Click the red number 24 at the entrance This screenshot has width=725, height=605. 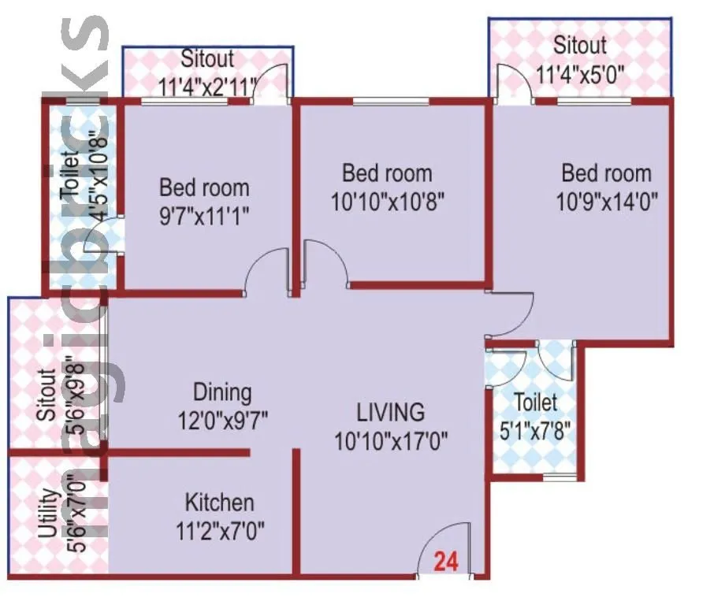point(445,562)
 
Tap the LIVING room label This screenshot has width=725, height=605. point(390,412)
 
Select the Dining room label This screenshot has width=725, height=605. point(223,392)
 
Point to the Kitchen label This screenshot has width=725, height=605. point(220,503)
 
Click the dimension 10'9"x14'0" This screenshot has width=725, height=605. point(607,199)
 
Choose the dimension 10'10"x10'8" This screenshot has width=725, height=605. point(388,200)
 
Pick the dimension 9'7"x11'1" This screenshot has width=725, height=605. point(204,215)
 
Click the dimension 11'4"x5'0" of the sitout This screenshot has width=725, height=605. point(580,75)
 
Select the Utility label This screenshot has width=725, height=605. point(47,514)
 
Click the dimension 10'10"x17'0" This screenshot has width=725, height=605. point(390,440)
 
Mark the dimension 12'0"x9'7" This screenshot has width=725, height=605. point(223,420)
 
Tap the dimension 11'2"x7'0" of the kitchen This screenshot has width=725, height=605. point(220,530)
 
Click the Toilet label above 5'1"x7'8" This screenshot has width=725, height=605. point(535,403)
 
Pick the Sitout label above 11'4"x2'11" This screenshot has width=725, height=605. point(208,59)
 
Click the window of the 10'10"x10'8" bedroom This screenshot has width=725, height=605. point(391,101)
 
